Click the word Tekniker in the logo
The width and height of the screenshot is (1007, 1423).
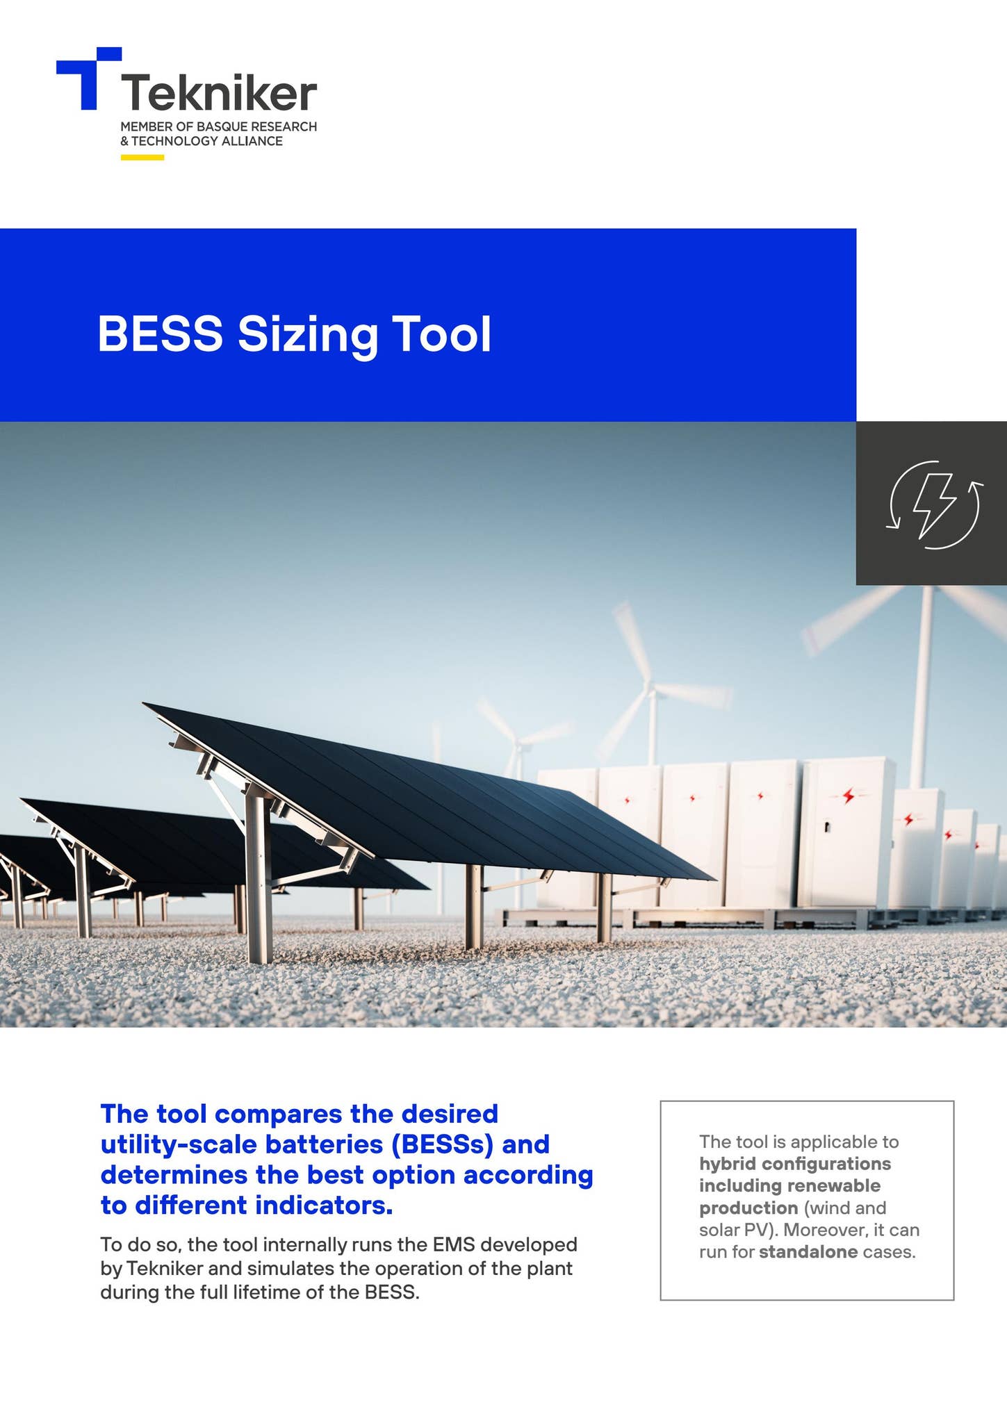click(219, 94)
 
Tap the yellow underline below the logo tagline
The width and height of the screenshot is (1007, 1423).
click(142, 158)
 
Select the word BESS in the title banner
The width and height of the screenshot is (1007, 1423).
click(160, 334)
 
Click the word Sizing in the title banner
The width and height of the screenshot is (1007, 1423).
click(307, 336)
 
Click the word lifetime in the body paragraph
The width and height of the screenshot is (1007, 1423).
click(277, 1292)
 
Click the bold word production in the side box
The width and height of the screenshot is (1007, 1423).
click(748, 1208)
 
